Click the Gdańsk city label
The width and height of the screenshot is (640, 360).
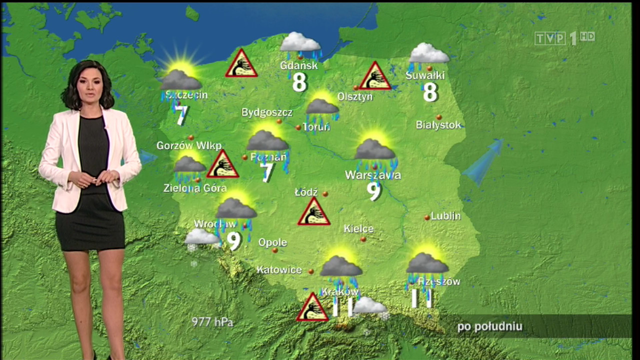pyautogui.click(x=299, y=66)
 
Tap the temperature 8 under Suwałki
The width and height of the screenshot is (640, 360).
pyautogui.click(x=430, y=92)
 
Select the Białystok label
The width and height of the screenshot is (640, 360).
pyautogui.click(x=439, y=125)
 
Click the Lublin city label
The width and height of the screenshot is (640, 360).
pyautogui.click(x=445, y=216)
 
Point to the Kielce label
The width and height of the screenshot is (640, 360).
pyautogui.click(x=358, y=229)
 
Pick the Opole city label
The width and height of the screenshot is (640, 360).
pyautogui.click(x=272, y=242)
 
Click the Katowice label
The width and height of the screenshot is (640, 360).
pyautogui.click(x=279, y=270)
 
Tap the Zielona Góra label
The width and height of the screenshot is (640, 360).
pyautogui.click(x=195, y=188)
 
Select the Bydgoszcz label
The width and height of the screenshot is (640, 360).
pyautogui.click(x=267, y=112)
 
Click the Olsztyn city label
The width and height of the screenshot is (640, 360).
pyautogui.click(x=355, y=96)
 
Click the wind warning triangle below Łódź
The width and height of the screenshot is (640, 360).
pyautogui.click(x=313, y=212)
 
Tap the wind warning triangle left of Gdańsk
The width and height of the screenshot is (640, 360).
pyautogui.click(x=241, y=64)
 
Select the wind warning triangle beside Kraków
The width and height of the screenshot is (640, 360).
pyautogui.click(x=312, y=308)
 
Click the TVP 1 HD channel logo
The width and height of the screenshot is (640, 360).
pyautogui.click(x=564, y=38)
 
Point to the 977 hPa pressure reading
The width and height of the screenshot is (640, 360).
pyautogui.click(x=212, y=322)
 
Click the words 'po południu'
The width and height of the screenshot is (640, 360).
pyautogui.click(x=489, y=327)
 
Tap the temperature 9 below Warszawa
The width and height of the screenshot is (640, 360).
pyautogui.click(x=374, y=191)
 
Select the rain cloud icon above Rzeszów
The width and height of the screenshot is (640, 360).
pyautogui.click(x=427, y=264)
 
